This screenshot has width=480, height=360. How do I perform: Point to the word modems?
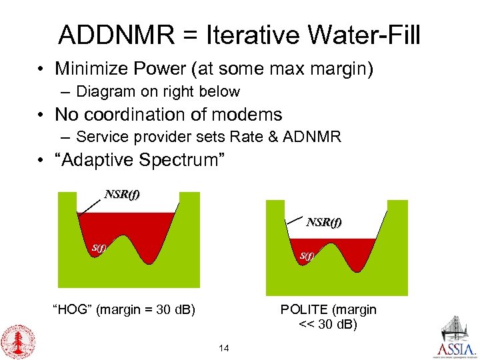pyautogui.click(x=247, y=114)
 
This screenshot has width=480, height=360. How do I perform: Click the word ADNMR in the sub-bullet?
pyautogui.click(x=312, y=137)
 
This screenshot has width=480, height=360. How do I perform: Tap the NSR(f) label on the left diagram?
pyautogui.click(x=122, y=195)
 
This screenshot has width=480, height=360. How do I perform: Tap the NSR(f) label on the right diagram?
pyautogui.click(x=324, y=222)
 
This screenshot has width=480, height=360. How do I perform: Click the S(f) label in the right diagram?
pyautogui.click(x=307, y=255)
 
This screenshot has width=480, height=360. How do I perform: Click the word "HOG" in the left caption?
pyautogui.click(x=70, y=309)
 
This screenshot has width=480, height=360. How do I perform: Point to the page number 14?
pyautogui.click(x=223, y=348)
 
